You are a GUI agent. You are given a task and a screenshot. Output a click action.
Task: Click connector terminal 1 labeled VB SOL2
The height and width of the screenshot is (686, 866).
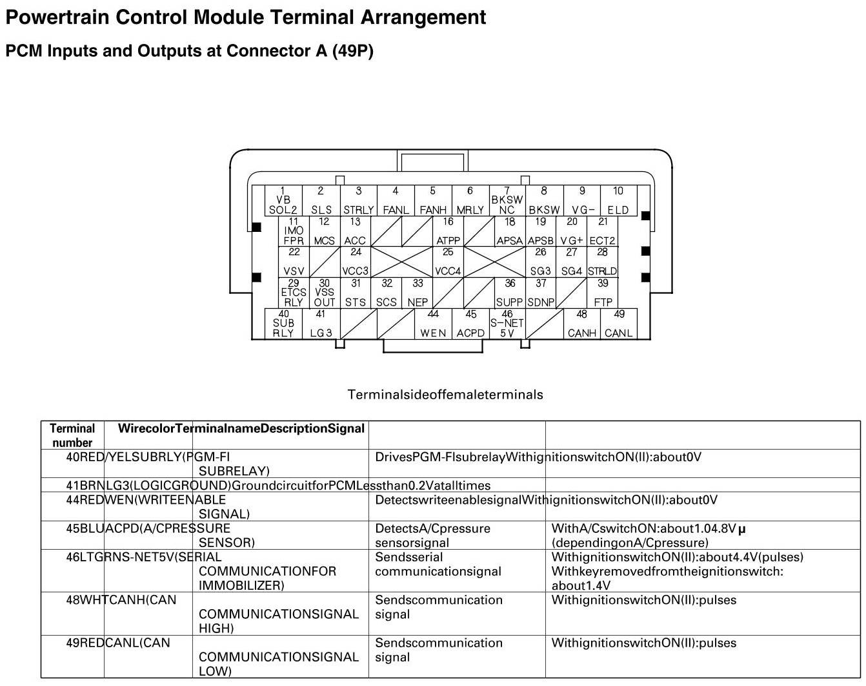tap(283, 200)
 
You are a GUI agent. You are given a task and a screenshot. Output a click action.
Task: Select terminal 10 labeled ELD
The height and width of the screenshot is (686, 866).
tap(618, 200)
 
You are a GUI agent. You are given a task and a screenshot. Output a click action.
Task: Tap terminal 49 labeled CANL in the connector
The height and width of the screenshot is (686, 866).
tap(619, 324)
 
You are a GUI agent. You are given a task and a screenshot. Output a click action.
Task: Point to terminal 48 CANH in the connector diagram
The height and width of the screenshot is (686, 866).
tap(582, 324)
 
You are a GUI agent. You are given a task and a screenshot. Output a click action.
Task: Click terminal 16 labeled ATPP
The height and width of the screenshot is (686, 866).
tap(448, 231)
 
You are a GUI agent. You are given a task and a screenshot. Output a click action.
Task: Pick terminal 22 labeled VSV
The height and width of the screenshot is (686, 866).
tap(294, 262)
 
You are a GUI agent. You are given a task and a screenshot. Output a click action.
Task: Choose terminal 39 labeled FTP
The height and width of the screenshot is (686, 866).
tap(603, 293)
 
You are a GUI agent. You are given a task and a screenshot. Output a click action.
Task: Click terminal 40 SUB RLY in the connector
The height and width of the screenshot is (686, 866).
tap(284, 324)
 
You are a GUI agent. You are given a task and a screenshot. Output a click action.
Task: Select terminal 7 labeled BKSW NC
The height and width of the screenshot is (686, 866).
tap(507, 200)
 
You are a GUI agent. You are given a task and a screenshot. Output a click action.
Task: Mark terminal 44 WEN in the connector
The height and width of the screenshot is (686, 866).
tap(434, 324)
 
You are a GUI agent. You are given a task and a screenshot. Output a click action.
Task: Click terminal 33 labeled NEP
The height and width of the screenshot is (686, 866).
tap(418, 293)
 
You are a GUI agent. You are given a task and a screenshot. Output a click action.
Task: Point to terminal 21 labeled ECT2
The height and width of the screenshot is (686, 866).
tap(603, 231)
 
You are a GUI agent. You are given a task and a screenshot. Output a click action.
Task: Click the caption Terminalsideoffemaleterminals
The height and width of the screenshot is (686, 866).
tap(445, 395)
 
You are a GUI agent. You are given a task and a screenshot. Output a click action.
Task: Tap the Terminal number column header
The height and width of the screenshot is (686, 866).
tap(72, 435)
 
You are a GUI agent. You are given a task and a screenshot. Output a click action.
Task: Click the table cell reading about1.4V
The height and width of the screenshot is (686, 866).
tap(581, 586)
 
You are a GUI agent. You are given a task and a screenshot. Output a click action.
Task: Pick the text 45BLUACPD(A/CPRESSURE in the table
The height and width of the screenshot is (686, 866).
tap(148, 528)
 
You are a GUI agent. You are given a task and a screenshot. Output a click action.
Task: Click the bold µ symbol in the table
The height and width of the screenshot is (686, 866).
tap(741, 529)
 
